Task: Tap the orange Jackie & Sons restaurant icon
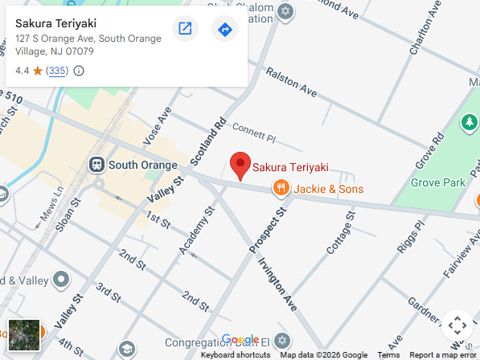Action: (x=281, y=189)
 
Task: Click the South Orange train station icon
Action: (x=97, y=165)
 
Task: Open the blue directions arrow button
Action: (x=225, y=30)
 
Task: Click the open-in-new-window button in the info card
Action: (x=185, y=30)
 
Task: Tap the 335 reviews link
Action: (x=56, y=71)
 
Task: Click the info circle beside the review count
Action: (x=79, y=71)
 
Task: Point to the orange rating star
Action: (x=37, y=71)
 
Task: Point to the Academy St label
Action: (x=198, y=231)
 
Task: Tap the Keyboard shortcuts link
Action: (x=236, y=354)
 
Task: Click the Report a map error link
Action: (x=442, y=354)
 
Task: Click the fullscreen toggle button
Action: (x=457, y=325)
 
